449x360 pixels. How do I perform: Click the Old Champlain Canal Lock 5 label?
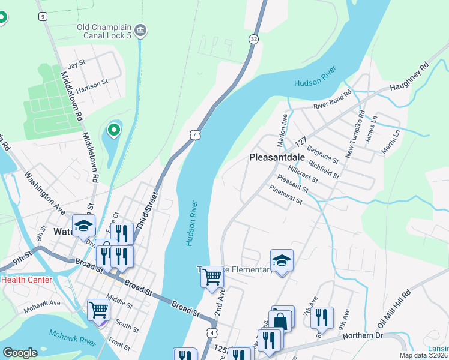[104, 32]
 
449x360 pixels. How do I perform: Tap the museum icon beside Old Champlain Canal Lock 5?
[140, 29]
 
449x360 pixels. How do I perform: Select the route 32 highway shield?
[254, 39]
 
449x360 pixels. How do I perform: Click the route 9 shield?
[43, 16]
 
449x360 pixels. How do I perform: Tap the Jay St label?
[77, 64]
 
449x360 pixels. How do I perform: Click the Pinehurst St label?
[286, 197]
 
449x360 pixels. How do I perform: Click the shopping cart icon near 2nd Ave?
[212, 277]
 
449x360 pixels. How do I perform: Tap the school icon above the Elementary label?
[282, 260]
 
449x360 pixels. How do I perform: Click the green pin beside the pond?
[113, 130]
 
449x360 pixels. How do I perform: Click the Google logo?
[20, 353]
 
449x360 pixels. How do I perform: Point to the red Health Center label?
[26, 280]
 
